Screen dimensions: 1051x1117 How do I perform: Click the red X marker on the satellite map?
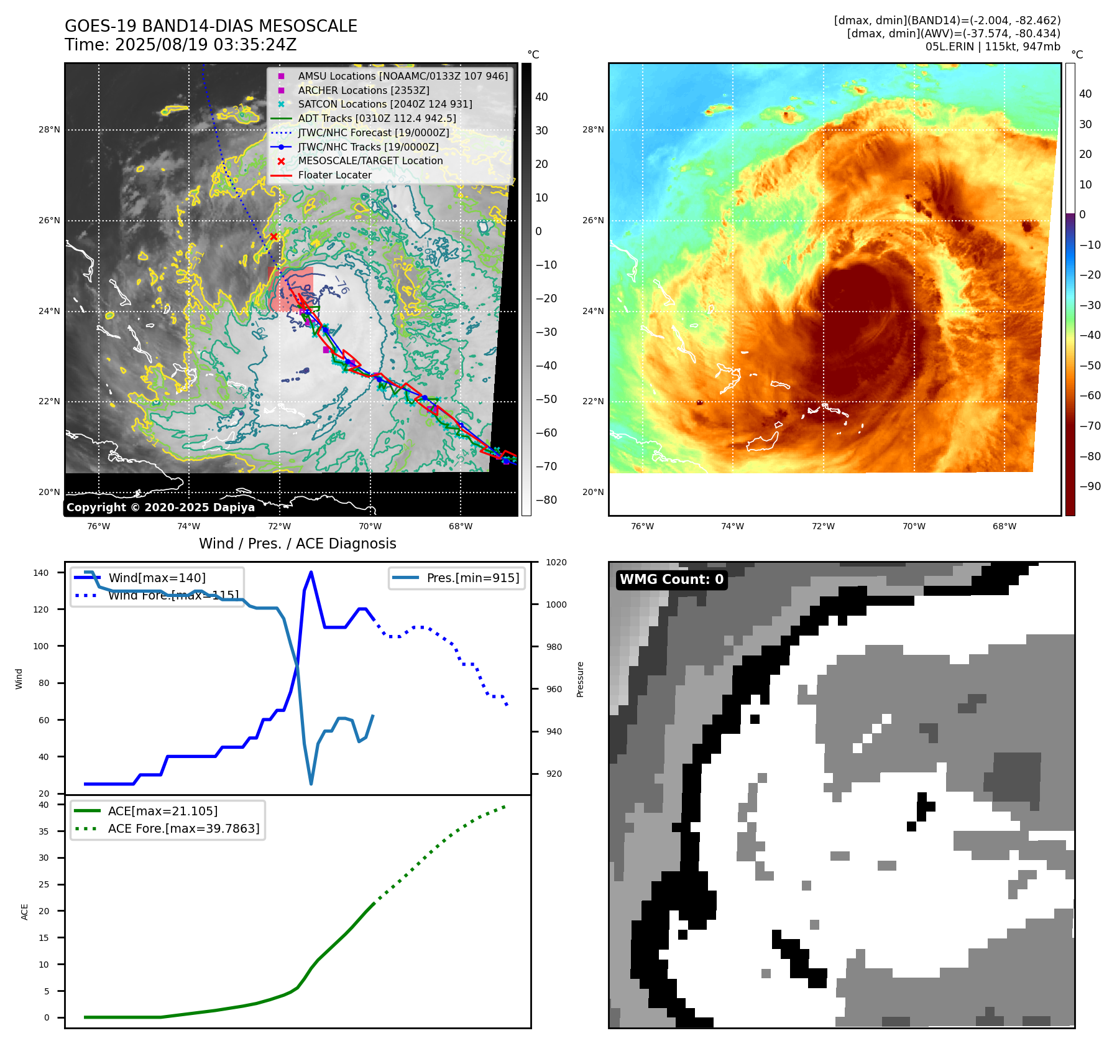(x=274, y=236)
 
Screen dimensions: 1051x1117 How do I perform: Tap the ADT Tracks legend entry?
(x=377, y=118)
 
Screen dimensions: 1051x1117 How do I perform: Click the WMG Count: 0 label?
(x=671, y=580)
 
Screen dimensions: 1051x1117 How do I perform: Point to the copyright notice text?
(x=160, y=507)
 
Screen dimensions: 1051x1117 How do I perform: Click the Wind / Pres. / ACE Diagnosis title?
(x=297, y=544)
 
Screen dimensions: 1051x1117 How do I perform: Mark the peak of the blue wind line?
(x=311, y=572)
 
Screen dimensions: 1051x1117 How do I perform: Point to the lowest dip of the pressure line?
(x=311, y=784)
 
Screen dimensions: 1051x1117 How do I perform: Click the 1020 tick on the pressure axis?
(x=556, y=562)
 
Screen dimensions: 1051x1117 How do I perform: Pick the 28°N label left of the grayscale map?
(x=49, y=130)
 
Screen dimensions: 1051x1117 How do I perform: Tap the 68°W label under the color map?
(x=1004, y=526)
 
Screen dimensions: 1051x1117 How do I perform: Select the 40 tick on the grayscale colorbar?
(x=541, y=97)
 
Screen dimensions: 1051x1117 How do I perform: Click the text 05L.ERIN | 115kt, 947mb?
(x=993, y=47)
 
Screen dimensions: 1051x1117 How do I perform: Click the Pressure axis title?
(x=580, y=679)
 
